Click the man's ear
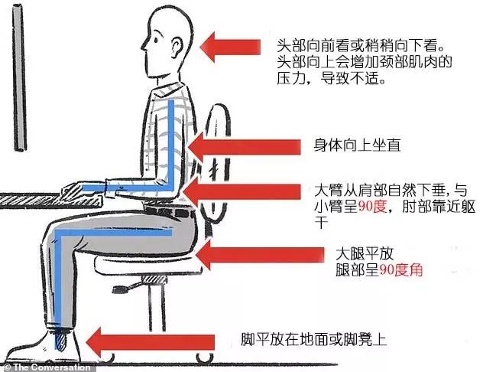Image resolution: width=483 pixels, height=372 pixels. pyautogui.click(x=177, y=47)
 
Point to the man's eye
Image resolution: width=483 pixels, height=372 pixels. pyautogui.click(x=156, y=40)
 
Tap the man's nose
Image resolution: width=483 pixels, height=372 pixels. pyautogui.click(x=144, y=46)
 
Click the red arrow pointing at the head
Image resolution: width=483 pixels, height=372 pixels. pyautogui.click(x=230, y=47)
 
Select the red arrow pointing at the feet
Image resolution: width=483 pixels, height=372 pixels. pyautogui.click(x=150, y=342)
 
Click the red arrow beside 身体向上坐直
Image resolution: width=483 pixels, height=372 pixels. pyautogui.click(x=244, y=147)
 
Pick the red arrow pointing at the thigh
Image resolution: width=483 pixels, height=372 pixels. pyautogui.click(x=260, y=255)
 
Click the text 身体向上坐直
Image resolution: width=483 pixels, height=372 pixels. pyautogui.click(x=357, y=145)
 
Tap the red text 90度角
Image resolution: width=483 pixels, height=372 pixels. pyautogui.click(x=400, y=270)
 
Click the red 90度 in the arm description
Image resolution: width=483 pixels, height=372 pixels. pyautogui.click(x=372, y=206)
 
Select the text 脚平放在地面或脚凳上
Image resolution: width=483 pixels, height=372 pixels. pyautogui.click(x=313, y=339)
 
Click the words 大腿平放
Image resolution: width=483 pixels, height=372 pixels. pyautogui.click(x=365, y=254)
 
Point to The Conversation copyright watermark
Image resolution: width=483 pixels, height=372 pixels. pyautogui.click(x=47, y=367)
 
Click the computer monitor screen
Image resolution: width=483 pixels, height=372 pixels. pyautogui.click(x=19, y=79)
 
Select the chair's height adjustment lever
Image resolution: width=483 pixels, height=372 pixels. pyautogui.click(x=127, y=288)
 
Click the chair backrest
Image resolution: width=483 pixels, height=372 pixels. pyautogui.click(x=218, y=164)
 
